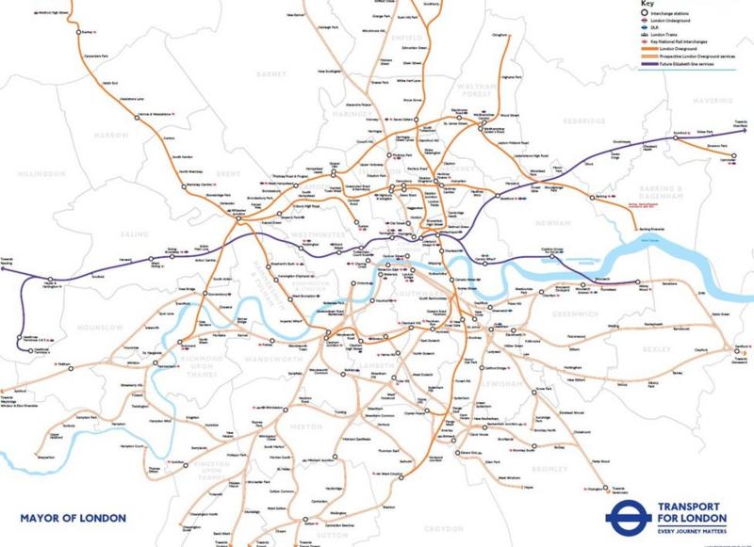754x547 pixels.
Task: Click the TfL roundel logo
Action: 623,517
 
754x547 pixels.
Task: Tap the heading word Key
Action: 647,4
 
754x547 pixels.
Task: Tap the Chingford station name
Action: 499,35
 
